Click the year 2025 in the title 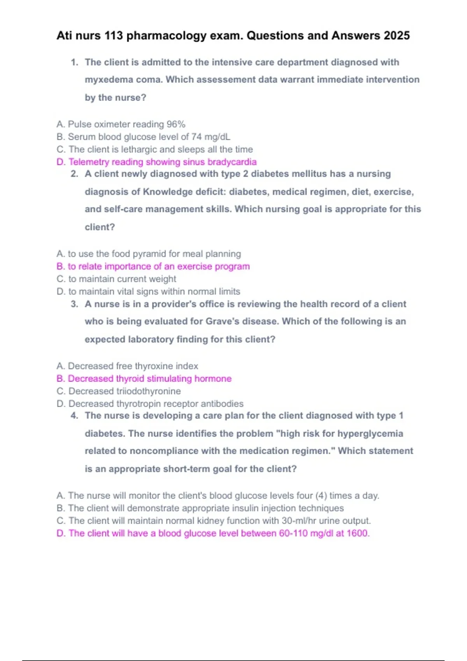pos(397,35)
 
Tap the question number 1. pos(74,62)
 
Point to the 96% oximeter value pos(176,124)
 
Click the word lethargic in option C pos(139,149)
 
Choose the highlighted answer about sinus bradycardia pos(156,162)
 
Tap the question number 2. pos(74,174)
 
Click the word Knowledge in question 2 pos(165,192)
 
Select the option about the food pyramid pos(149,254)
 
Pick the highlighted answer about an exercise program pos(153,266)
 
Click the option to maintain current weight pos(116,279)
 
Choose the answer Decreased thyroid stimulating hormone pos(144,379)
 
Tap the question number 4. pos(74,416)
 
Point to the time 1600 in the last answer pos(357,533)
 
